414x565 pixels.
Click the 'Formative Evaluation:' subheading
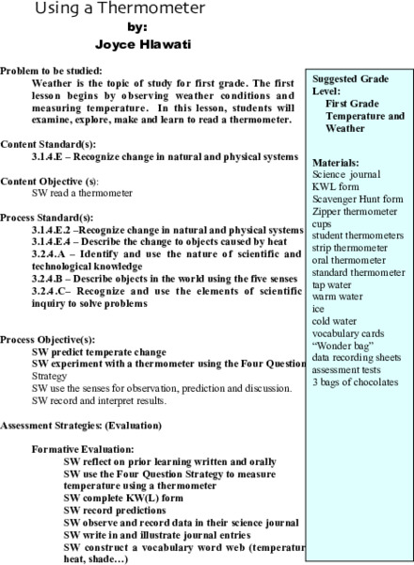tap(83, 449)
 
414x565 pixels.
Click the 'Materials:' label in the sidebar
tap(335, 162)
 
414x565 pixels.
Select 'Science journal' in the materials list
tap(345, 174)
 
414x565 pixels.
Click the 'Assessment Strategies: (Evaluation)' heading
tap(81, 425)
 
